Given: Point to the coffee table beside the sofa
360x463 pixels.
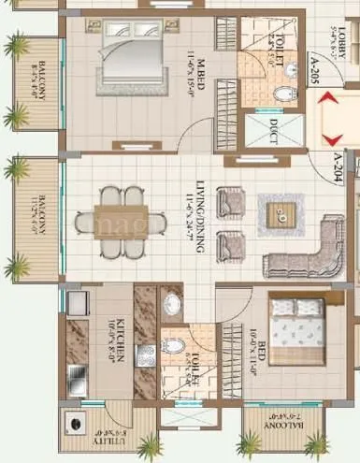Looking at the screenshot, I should (276, 213).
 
